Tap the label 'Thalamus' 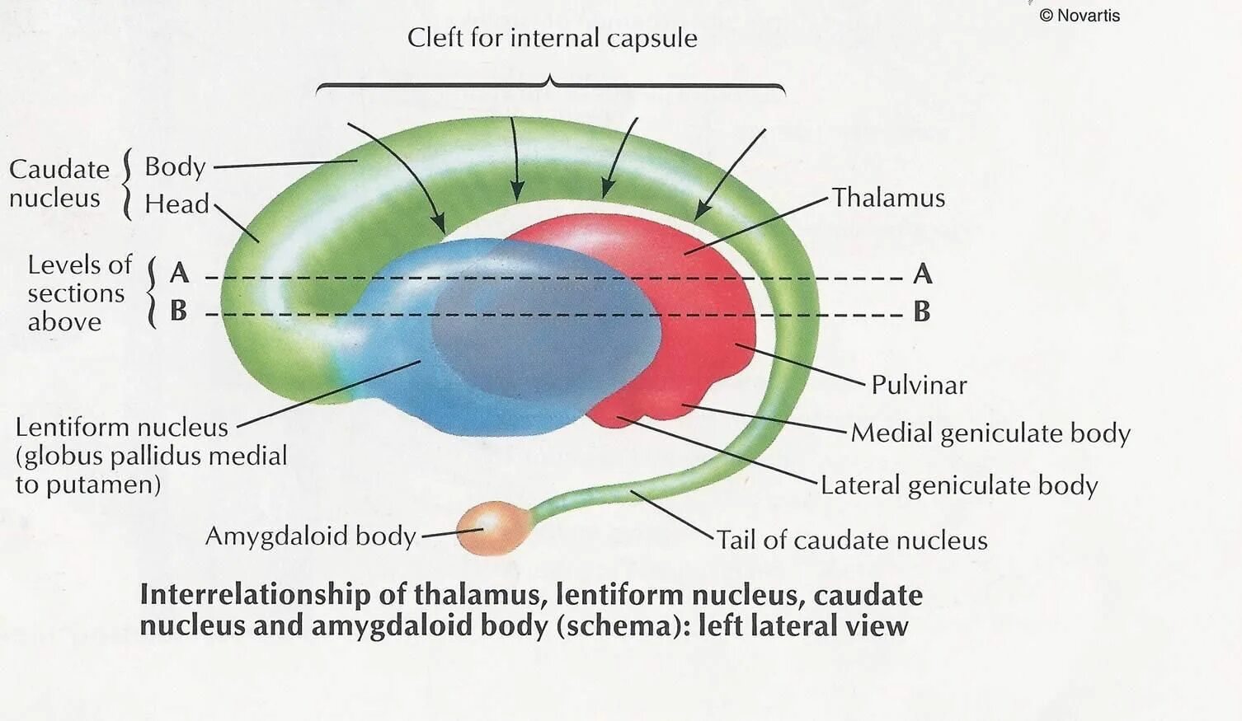[887, 198]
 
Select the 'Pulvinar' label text [919, 385]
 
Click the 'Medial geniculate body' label [990, 433]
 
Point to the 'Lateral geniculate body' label [958, 485]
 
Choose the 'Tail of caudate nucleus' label [851, 541]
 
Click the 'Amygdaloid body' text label [310, 536]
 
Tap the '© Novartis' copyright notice [1080, 15]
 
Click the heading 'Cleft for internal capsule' [552, 38]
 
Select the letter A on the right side [923, 274]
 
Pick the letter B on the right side [922, 311]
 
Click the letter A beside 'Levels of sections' [179, 273]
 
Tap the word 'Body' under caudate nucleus [175, 166]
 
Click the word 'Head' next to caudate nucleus [176, 204]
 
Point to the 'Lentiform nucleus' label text [121, 427]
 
